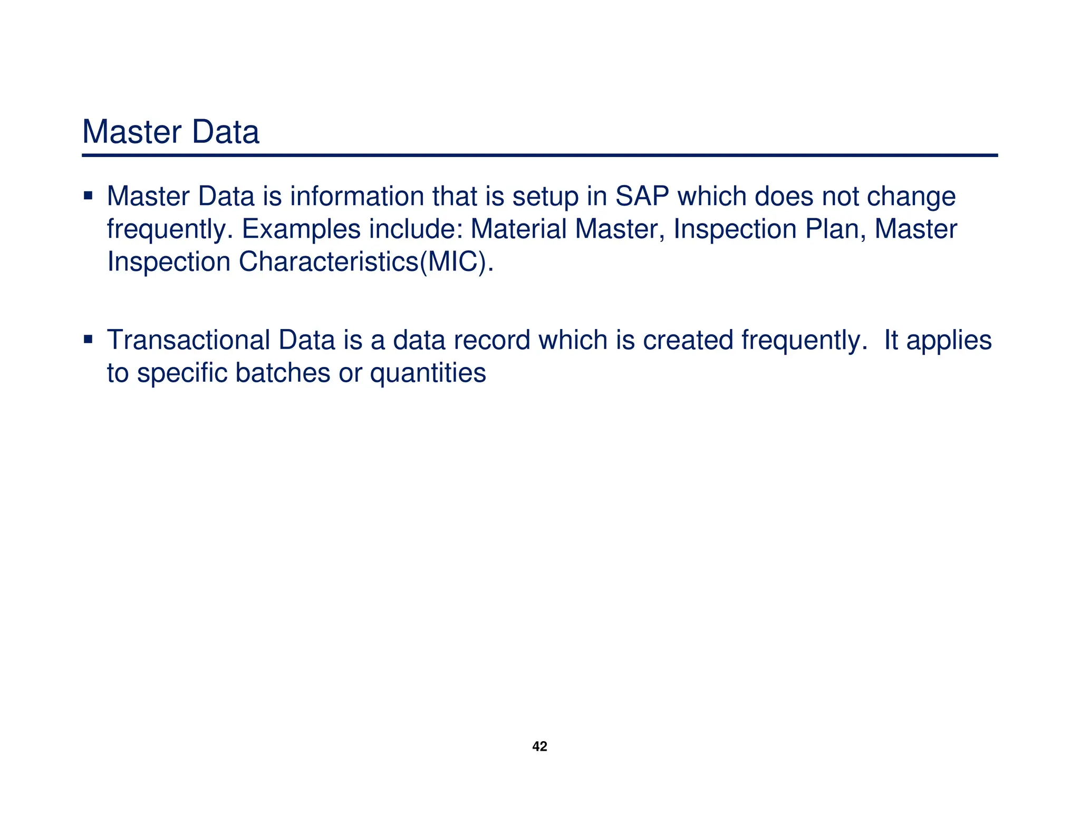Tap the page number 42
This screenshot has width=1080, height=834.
539,746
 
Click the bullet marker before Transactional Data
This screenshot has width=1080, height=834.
88,338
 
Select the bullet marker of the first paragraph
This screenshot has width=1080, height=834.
88,196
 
